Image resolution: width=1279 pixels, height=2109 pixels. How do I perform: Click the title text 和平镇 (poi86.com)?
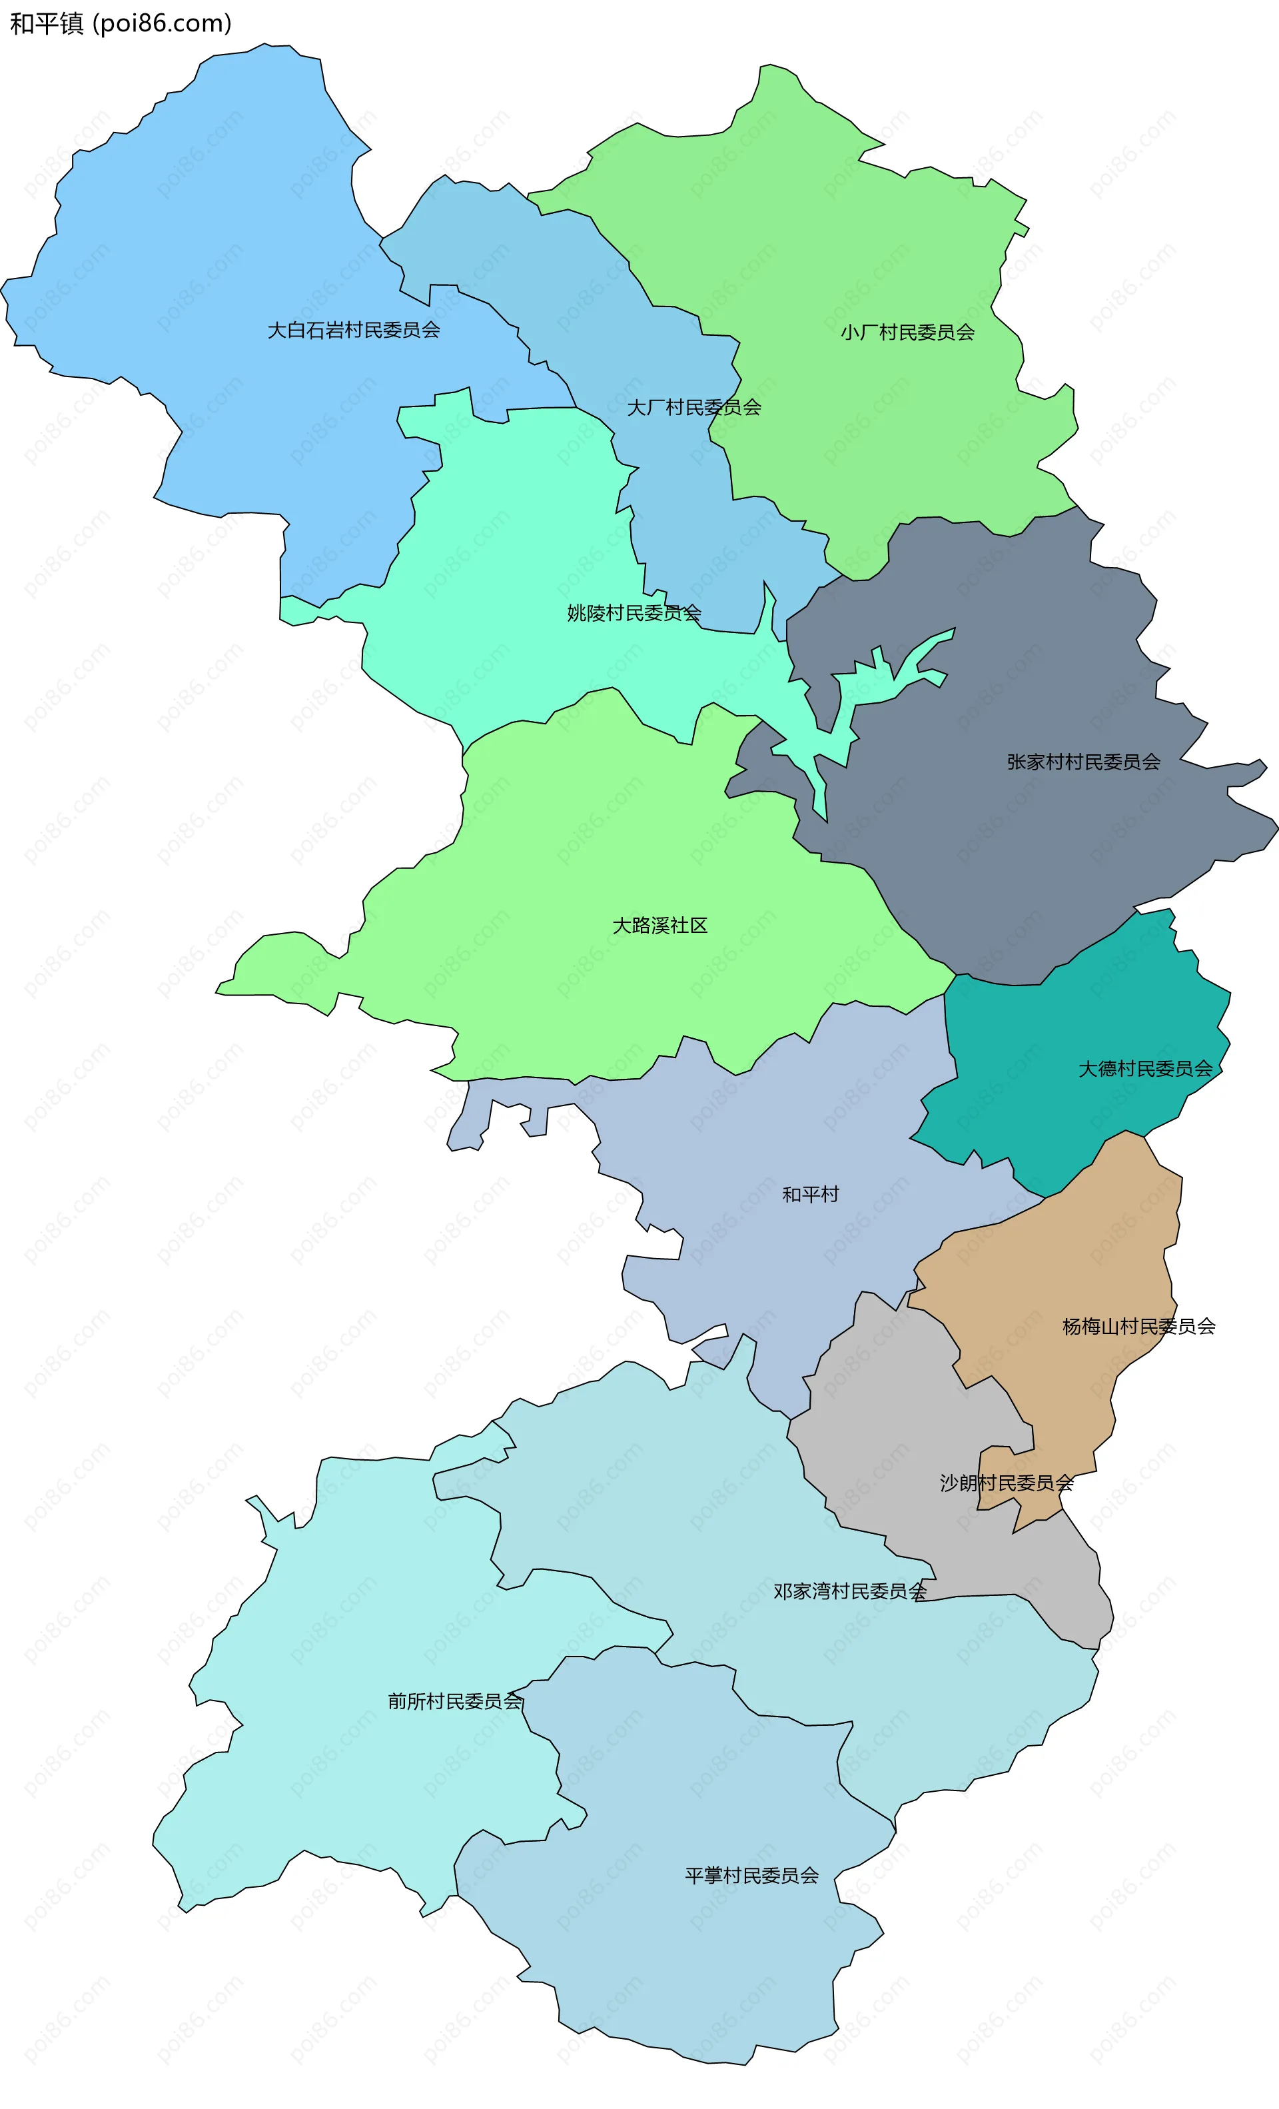(120, 23)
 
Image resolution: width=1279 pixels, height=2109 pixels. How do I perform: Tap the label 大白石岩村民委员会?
(353, 331)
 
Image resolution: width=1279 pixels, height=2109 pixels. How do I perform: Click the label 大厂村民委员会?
(694, 407)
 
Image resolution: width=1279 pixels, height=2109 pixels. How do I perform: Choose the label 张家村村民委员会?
(1083, 762)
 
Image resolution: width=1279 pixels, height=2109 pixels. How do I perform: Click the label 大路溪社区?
(659, 926)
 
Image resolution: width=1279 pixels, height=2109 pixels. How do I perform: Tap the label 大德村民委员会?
(1144, 1068)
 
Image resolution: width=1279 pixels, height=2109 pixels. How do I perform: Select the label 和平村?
(810, 1194)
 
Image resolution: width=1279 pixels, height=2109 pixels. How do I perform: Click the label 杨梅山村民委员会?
(1138, 1327)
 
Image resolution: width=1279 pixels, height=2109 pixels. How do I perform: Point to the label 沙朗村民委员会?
(1006, 1483)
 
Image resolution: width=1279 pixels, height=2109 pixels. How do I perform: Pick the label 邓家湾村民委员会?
(849, 1591)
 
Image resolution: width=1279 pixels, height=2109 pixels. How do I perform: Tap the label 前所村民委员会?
(454, 1701)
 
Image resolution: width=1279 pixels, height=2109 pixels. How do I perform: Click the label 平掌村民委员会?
(751, 1875)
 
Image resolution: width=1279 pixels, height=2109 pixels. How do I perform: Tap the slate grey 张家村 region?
(1027, 856)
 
